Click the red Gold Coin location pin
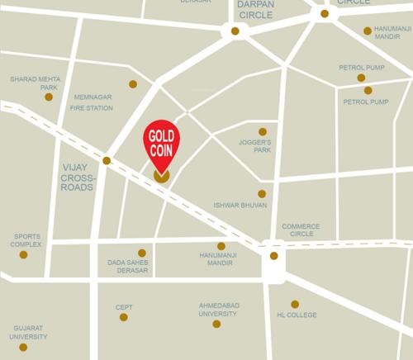pyautogui.click(x=162, y=142)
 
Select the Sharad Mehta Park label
pyautogui.click(x=35, y=83)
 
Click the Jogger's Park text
pyautogui.click(x=256, y=147)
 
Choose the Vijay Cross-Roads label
pyautogui.click(x=79, y=177)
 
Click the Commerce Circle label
pyautogui.click(x=301, y=230)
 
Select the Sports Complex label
pyautogui.click(x=26, y=240)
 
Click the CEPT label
pyautogui.click(x=124, y=306)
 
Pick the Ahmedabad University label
pyautogui.click(x=218, y=309)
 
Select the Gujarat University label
pyautogui.click(x=28, y=332)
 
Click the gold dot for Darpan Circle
pyautogui.click(x=235, y=31)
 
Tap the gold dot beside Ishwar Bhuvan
pyautogui.click(x=262, y=194)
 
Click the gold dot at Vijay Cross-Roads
pyautogui.click(x=107, y=160)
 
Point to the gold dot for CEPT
pyautogui.click(x=124, y=317)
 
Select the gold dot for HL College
pyautogui.click(x=295, y=304)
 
